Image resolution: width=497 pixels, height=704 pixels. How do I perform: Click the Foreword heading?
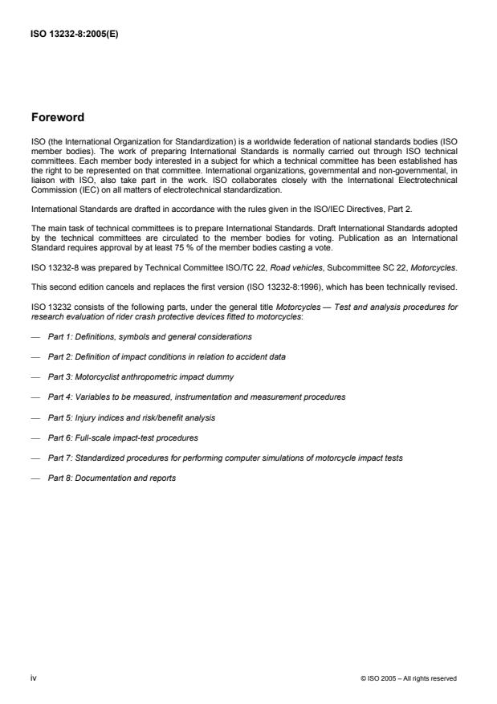point(57,117)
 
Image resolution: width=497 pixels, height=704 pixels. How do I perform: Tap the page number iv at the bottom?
point(33,678)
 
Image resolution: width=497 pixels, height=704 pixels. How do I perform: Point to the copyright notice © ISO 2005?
point(409,679)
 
